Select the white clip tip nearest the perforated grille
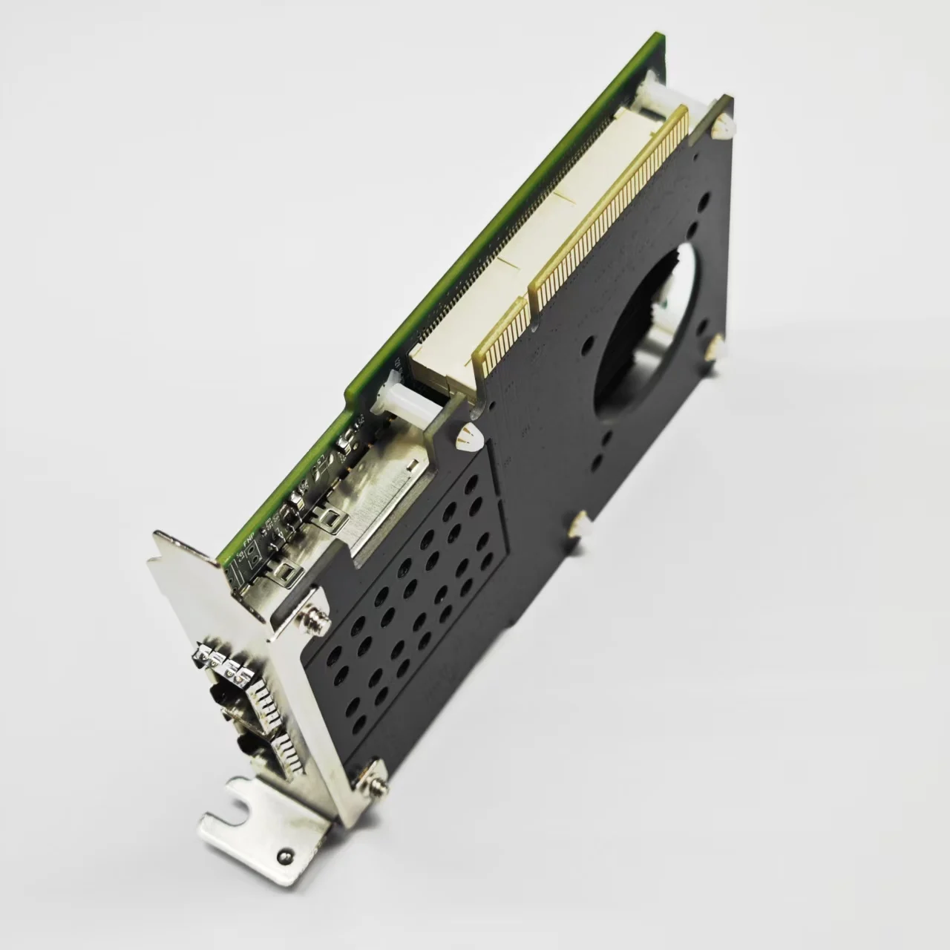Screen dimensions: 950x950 469,438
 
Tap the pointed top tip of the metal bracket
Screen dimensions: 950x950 155,534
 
